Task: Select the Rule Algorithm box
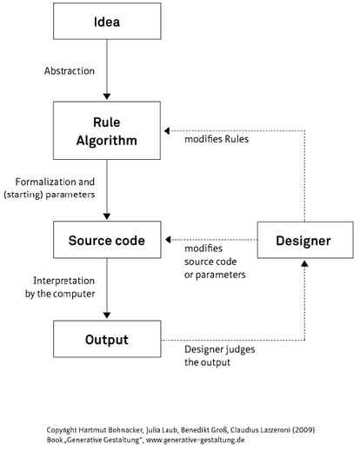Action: pos(107,131)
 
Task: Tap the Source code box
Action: pos(107,239)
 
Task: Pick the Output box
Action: pos(107,339)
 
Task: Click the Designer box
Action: pos(304,239)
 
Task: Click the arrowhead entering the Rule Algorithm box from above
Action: pos(107,97)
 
